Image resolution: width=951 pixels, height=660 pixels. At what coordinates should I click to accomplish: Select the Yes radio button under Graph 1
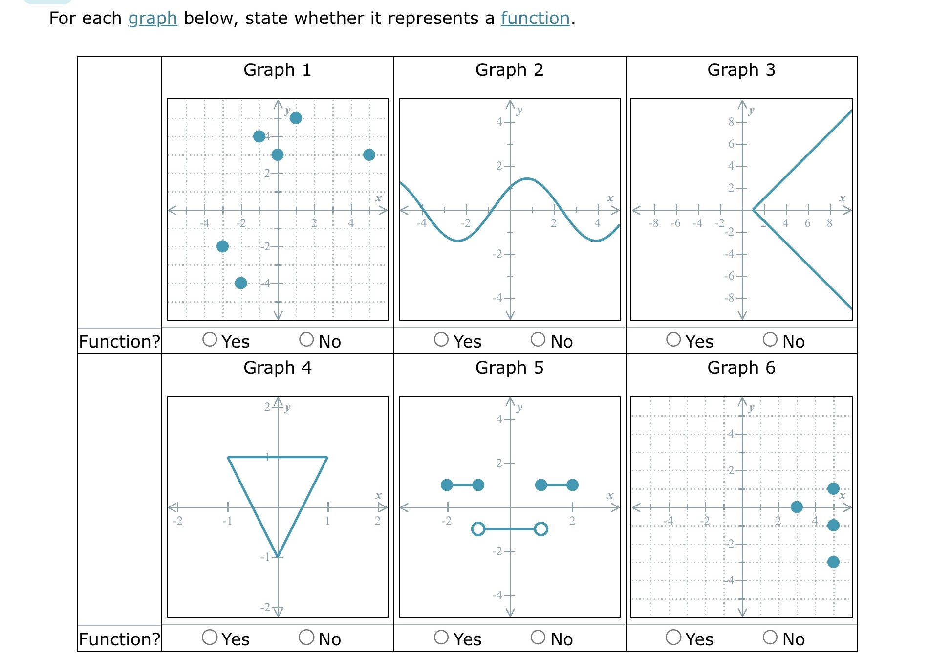click(x=210, y=339)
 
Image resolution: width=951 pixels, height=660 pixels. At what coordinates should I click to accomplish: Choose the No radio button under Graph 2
click(x=538, y=339)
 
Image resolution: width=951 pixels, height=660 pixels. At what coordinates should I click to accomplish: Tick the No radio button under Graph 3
click(x=770, y=339)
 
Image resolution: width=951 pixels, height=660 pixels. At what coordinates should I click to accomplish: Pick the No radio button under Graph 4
click(x=306, y=637)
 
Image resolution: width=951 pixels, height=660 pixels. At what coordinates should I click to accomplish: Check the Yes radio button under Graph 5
click(x=441, y=637)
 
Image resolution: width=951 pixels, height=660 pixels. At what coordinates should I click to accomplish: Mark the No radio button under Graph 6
click(x=770, y=637)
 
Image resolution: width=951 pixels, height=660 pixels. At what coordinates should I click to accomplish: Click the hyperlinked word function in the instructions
click(x=535, y=18)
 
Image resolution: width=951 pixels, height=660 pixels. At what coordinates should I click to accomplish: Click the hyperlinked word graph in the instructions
click(x=152, y=18)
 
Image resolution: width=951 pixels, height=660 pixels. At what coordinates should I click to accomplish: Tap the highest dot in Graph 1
click(x=296, y=118)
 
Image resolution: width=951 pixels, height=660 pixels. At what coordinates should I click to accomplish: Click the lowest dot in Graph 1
click(x=240, y=283)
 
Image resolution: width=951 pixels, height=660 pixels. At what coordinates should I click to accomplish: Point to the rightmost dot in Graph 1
click(x=369, y=154)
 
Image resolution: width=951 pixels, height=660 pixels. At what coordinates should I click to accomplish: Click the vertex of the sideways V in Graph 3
click(x=753, y=210)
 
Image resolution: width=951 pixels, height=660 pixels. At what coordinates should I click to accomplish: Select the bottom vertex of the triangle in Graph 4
click(x=278, y=557)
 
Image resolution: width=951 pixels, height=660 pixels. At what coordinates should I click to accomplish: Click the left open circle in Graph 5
click(x=478, y=529)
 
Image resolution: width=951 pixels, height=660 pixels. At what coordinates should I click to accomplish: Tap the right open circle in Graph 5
click(x=541, y=529)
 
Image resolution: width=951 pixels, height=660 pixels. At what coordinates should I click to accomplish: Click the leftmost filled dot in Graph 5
click(x=447, y=485)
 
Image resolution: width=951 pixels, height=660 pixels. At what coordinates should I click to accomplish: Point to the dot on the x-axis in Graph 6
click(x=797, y=507)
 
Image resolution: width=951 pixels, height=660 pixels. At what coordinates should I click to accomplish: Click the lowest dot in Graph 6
click(x=834, y=562)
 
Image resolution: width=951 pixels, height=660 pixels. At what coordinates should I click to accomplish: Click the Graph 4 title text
click(x=277, y=368)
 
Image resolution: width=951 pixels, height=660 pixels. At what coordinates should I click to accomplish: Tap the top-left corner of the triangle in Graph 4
click(x=228, y=457)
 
